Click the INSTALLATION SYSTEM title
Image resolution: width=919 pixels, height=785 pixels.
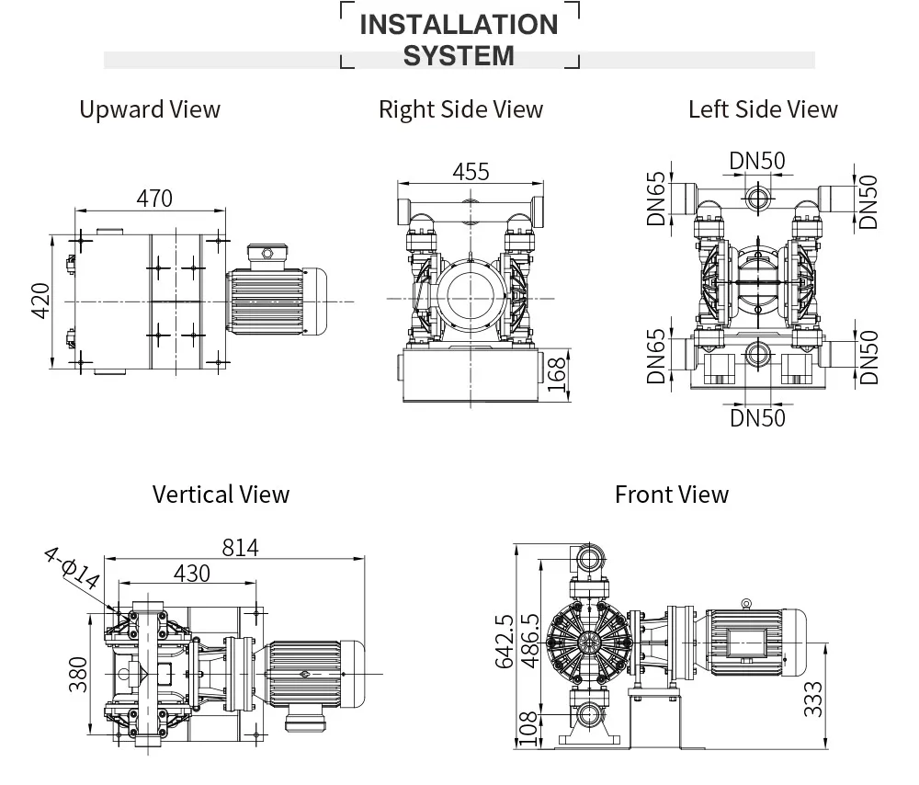(459, 40)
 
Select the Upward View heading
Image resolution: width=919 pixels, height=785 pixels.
(150, 109)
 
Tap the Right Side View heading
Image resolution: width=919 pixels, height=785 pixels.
(460, 109)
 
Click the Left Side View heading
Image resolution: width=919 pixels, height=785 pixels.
(763, 109)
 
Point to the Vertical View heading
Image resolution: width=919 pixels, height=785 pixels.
(221, 495)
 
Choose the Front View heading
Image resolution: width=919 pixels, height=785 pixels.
(671, 495)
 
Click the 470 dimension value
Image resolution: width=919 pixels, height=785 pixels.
(153, 199)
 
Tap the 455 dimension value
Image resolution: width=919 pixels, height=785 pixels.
(471, 172)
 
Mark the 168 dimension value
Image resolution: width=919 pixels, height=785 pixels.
(557, 375)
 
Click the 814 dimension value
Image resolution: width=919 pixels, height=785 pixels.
(240, 548)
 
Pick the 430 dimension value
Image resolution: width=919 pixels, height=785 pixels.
(191, 574)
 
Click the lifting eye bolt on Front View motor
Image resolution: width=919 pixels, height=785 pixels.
(746, 603)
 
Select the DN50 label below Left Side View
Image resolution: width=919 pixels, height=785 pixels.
(758, 417)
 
